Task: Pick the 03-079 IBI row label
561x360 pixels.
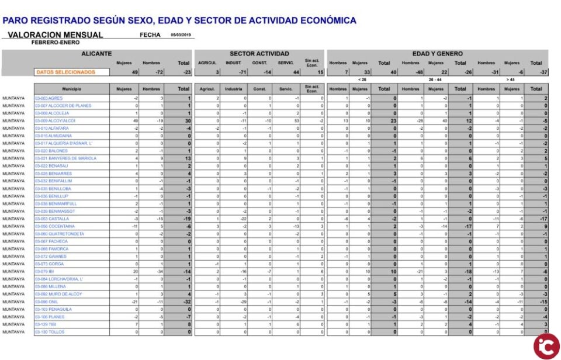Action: coord(44,272)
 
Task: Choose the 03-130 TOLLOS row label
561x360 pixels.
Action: coord(50,332)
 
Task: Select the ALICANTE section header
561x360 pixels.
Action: coord(96,54)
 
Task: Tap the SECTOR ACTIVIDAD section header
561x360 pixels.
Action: coord(258,54)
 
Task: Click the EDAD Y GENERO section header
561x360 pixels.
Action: coord(437,54)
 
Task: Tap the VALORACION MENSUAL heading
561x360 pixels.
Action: coord(56,35)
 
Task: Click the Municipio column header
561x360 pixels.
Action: coord(71,89)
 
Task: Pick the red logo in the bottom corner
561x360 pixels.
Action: coord(546,345)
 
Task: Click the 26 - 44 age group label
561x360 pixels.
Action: coord(435,79)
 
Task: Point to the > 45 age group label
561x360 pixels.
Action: coord(511,79)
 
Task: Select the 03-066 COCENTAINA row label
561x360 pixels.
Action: coord(55,226)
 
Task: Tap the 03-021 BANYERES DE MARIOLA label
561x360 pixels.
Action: coord(65,158)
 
